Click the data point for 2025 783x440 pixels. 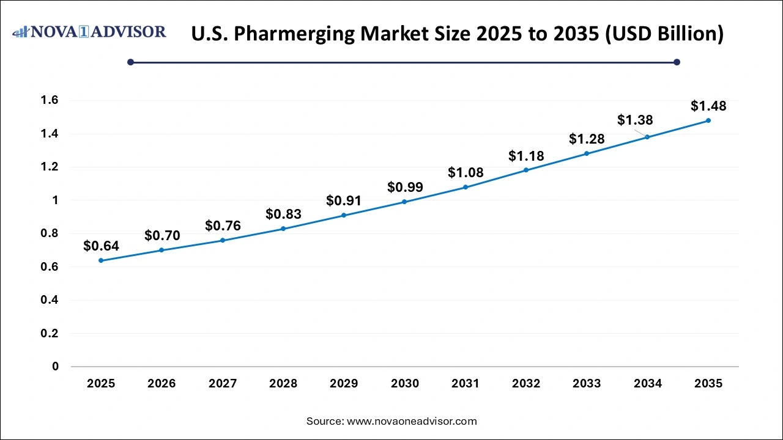point(101,260)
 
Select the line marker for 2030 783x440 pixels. point(404,202)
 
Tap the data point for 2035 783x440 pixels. point(708,120)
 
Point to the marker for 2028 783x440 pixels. point(283,229)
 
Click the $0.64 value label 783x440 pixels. point(101,246)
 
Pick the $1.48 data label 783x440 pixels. point(708,106)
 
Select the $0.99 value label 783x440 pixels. point(404,187)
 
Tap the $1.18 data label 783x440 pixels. point(526,156)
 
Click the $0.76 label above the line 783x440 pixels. point(223,226)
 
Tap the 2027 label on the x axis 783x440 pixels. point(223,384)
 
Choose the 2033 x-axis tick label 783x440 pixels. point(587,384)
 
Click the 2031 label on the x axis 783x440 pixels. point(466,384)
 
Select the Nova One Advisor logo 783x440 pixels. point(89,32)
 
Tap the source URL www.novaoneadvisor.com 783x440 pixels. point(412,421)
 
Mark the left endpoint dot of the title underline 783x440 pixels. point(130,62)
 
